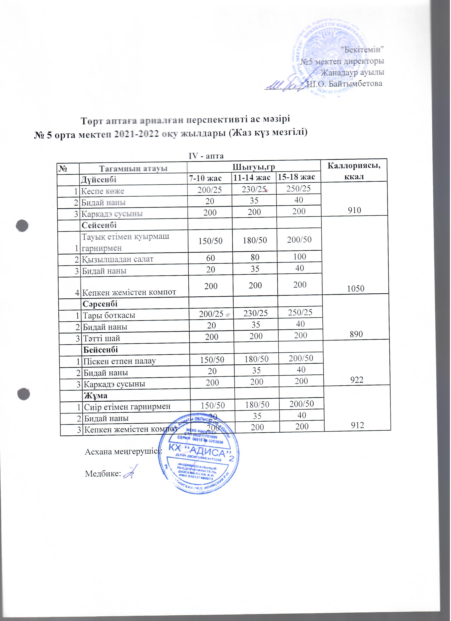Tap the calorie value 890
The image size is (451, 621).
tap(356, 334)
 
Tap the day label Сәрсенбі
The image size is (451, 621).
tap(100, 304)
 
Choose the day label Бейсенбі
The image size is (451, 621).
tap(101, 350)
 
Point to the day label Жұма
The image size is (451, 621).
tap(96, 396)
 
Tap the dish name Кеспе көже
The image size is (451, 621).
tap(103, 191)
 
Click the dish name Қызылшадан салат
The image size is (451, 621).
tap(118, 259)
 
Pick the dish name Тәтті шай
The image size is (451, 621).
tap(102, 338)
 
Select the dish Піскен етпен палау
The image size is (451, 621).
tap(120, 361)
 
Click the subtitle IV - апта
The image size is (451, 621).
tap(207, 156)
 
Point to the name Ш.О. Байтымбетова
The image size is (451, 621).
tap(345, 84)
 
